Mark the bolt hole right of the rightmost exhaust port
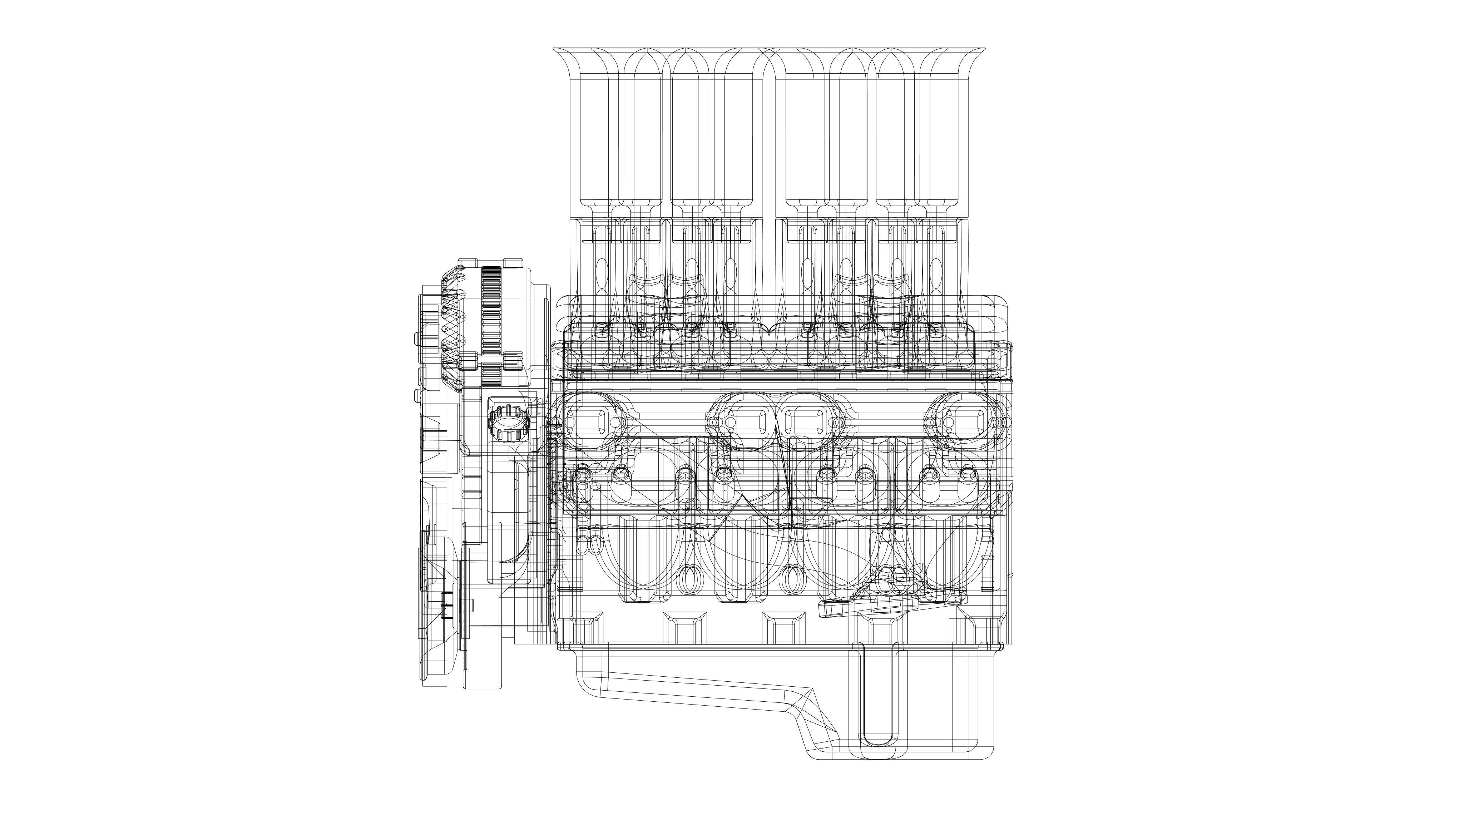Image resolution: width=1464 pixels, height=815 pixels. coord(998,422)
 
